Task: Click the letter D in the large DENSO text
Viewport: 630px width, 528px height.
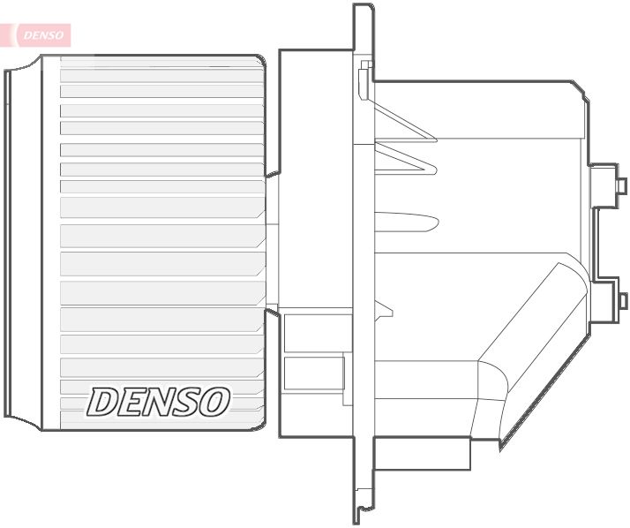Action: pos(103,402)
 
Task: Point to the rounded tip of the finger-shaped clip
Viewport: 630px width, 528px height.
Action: pos(434,221)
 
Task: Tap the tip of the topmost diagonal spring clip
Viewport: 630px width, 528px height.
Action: pos(432,139)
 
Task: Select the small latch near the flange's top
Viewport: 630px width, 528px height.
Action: pos(366,79)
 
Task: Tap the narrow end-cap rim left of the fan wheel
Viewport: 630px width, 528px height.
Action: pos(9,243)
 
